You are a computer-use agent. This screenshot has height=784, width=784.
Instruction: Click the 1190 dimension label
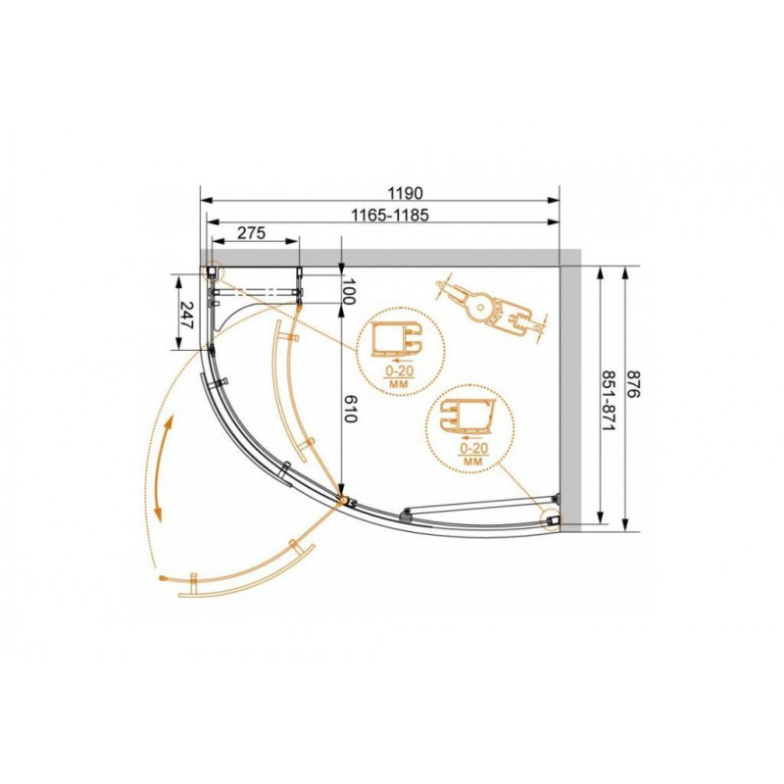point(405,192)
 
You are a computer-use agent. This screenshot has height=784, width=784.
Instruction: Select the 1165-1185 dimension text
point(390,215)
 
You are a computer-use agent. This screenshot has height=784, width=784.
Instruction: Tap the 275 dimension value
point(251,233)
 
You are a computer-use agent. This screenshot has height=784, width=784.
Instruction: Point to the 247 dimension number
point(186,314)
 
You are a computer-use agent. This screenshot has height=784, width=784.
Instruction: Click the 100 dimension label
point(349,291)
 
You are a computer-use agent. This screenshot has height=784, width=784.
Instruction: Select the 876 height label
point(633,384)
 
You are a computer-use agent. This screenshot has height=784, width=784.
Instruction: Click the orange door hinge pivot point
point(344,499)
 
